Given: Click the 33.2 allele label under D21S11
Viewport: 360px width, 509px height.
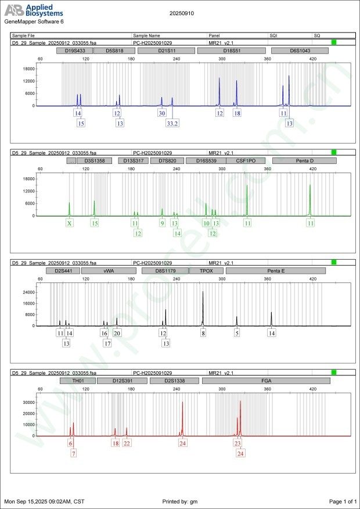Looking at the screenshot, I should (x=172, y=123).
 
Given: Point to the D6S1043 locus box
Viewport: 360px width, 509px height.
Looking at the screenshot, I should (x=300, y=51).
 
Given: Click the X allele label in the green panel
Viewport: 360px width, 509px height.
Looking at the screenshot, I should (x=69, y=223).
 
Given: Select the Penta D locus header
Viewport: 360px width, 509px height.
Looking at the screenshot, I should (x=304, y=160).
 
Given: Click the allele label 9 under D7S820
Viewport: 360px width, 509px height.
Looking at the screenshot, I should (x=162, y=223).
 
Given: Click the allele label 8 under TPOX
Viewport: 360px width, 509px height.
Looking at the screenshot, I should (x=203, y=333).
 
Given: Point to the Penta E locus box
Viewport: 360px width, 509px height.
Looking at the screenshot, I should (x=276, y=271).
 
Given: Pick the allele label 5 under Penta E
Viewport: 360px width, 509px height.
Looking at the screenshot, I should (x=237, y=333).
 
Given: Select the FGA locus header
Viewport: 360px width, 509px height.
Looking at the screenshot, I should (x=266, y=381).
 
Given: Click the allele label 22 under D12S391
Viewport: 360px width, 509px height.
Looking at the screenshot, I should (x=127, y=443).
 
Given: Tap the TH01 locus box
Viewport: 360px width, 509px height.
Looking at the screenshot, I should (x=77, y=381).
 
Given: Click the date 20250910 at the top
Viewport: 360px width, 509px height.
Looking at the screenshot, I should (x=181, y=12).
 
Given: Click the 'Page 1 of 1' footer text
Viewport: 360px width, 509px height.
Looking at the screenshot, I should (x=343, y=501).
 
